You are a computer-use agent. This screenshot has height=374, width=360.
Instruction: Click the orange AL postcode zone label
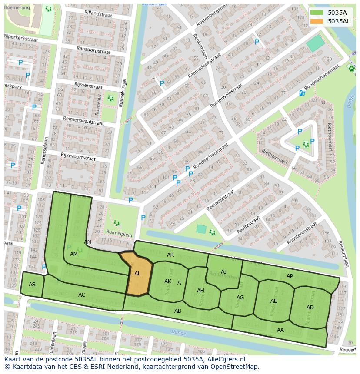pyautogui.click(x=137, y=274)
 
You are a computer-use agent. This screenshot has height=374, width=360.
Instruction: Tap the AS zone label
pyautogui.click(x=32, y=285)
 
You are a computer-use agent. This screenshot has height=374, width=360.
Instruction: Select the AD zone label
pyautogui.click(x=310, y=308)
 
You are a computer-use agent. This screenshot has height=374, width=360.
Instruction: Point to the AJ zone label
pyautogui.click(x=223, y=272)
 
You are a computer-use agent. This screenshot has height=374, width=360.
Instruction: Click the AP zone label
pyautogui.click(x=290, y=276)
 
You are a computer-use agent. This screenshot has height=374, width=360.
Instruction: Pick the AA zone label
pyautogui.click(x=280, y=330)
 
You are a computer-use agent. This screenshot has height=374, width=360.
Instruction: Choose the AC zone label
pyautogui.click(x=82, y=295)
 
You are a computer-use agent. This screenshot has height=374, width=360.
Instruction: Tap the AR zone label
pyautogui.click(x=170, y=255)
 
